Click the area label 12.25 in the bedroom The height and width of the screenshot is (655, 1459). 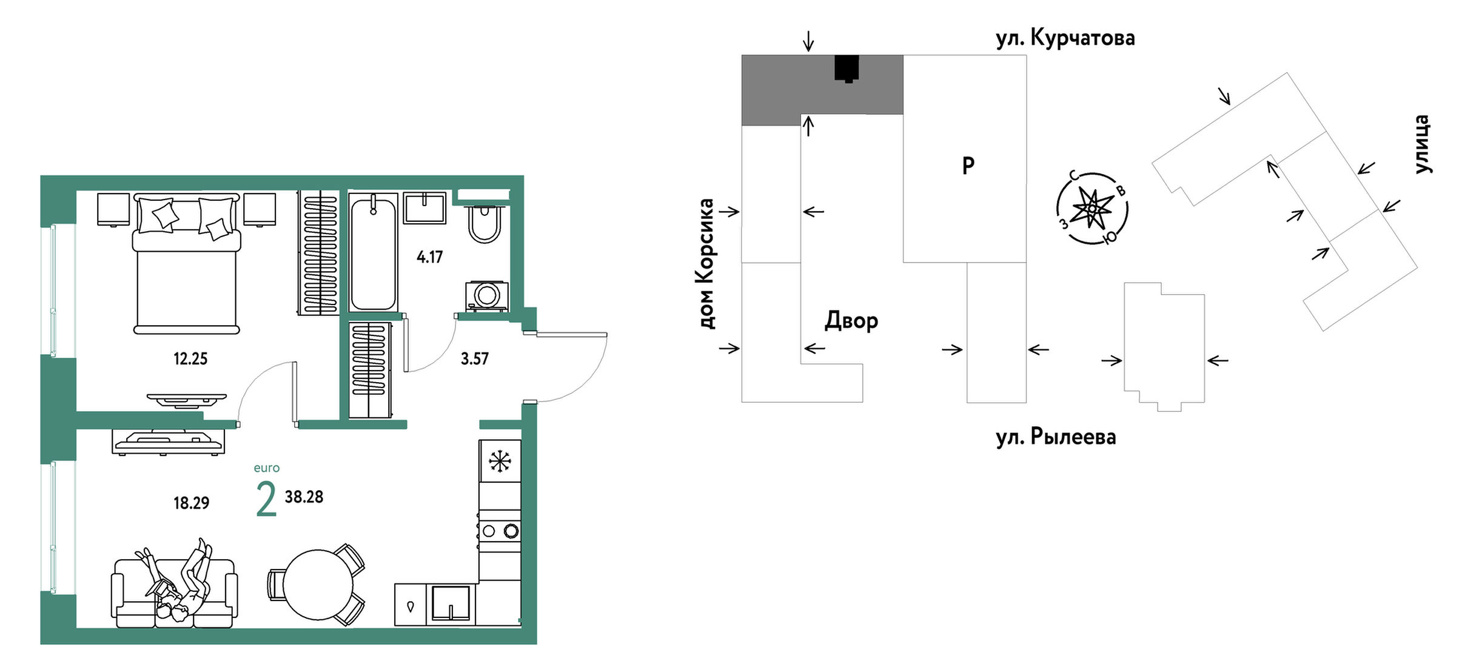tap(190, 359)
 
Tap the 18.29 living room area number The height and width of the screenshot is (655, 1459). tap(191, 503)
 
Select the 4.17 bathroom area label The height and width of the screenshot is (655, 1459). tap(429, 257)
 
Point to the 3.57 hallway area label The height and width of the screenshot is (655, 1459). tap(474, 359)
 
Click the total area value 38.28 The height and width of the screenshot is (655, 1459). tap(304, 497)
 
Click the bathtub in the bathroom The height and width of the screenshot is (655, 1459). tap(373, 252)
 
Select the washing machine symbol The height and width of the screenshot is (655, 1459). tap(486, 296)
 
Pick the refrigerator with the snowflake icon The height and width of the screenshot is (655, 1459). tap(500, 461)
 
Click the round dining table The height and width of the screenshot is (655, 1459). tap(318, 584)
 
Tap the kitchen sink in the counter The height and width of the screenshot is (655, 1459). tap(451, 603)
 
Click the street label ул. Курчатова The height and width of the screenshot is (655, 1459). tap(1065, 38)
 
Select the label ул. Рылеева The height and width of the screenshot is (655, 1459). tap(1056, 437)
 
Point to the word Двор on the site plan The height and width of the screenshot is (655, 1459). tap(851, 321)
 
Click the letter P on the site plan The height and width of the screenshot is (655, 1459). tap(968, 165)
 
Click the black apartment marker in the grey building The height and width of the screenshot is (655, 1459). tap(847, 69)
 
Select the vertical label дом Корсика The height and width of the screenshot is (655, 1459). tap(706, 264)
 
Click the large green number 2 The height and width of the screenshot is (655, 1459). tap(266, 499)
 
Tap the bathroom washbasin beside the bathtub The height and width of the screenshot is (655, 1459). tap(424, 208)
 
